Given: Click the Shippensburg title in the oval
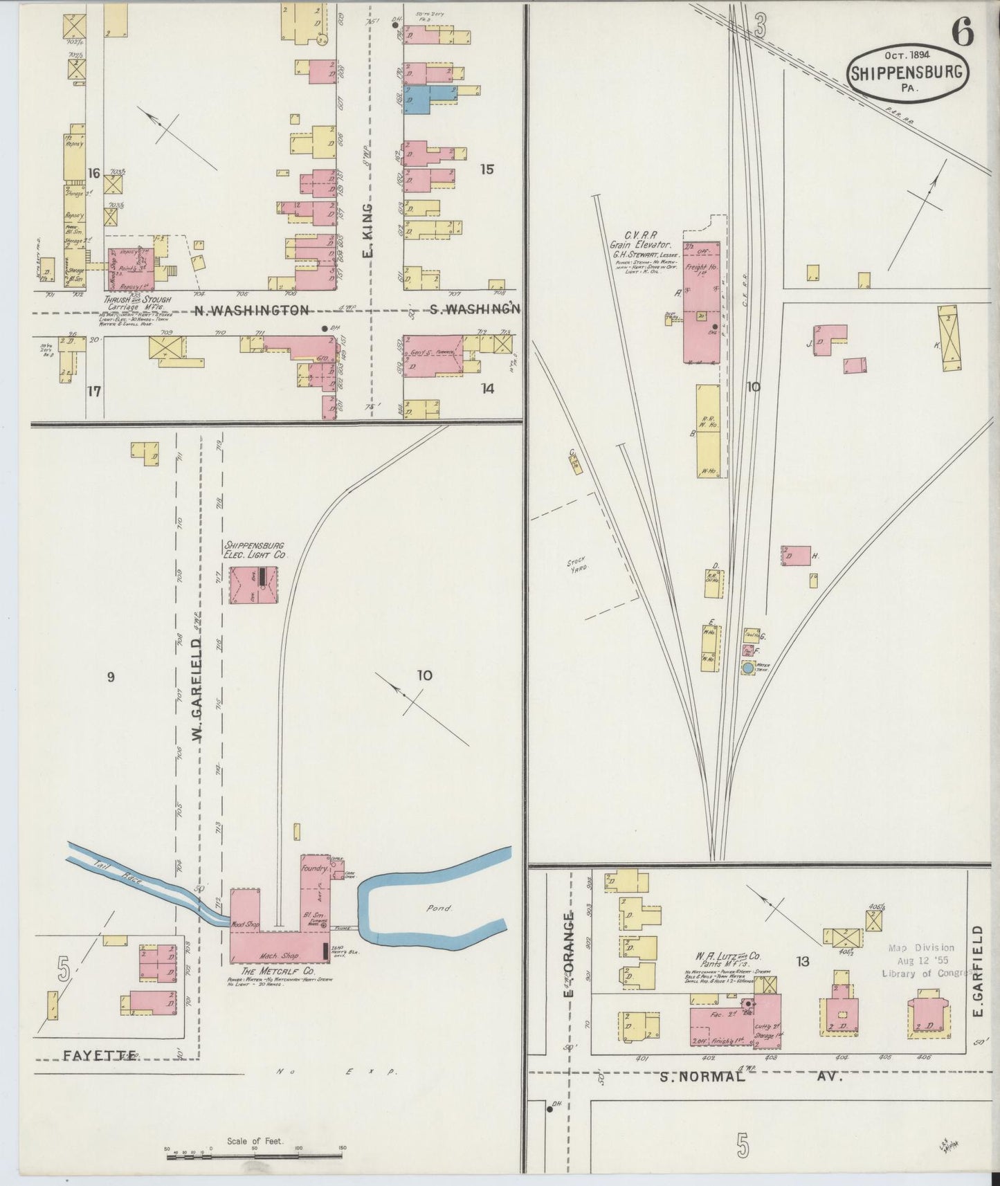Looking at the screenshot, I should [907, 73].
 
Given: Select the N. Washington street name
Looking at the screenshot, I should [251, 311].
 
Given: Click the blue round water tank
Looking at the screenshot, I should [747, 668].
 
